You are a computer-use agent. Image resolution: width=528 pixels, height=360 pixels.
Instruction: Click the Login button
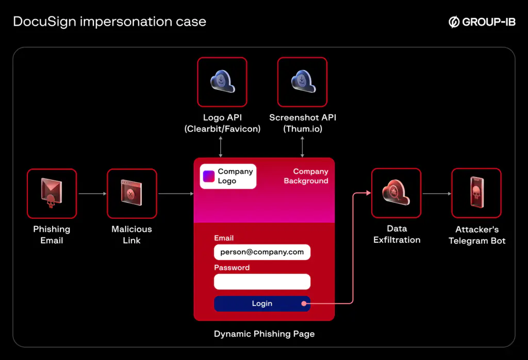pyautogui.click(x=262, y=304)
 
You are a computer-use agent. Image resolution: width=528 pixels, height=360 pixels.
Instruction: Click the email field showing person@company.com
pyautogui.click(x=262, y=252)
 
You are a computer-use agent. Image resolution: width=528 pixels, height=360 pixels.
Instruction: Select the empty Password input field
pyautogui.click(x=262, y=282)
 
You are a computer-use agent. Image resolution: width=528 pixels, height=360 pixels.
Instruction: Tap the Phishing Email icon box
pyautogui.click(x=52, y=193)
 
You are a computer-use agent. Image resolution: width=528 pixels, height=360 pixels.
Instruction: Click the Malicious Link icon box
pyautogui.click(x=131, y=193)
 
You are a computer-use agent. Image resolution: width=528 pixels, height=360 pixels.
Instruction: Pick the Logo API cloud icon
pyautogui.click(x=222, y=82)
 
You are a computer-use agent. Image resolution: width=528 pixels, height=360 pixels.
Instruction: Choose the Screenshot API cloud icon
pyautogui.click(x=302, y=82)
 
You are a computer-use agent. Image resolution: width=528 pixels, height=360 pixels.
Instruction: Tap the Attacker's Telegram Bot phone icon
pyautogui.click(x=476, y=193)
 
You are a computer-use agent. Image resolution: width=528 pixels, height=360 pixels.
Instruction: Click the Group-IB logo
pyautogui.click(x=482, y=22)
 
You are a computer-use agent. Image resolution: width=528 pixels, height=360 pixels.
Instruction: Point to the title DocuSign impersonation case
pyautogui.click(x=109, y=22)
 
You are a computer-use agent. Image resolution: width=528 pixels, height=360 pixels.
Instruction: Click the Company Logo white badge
pyautogui.click(x=228, y=176)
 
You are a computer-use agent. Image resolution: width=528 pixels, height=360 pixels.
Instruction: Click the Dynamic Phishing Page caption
pyautogui.click(x=264, y=334)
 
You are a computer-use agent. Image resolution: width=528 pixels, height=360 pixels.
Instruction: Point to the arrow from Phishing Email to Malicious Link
pyautogui.click(x=92, y=194)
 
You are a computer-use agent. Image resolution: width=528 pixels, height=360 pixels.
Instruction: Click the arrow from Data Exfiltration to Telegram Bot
pyautogui.click(x=436, y=194)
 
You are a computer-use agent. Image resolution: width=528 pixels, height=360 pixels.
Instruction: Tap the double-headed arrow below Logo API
pyautogui.click(x=221, y=146)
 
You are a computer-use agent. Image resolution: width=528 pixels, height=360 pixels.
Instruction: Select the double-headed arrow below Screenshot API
pyautogui.click(x=302, y=146)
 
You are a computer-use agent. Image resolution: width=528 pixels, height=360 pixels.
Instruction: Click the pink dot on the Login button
pyautogui.click(x=304, y=304)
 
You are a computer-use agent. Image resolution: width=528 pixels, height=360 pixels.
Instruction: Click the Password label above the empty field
pyautogui.click(x=232, y=268)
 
